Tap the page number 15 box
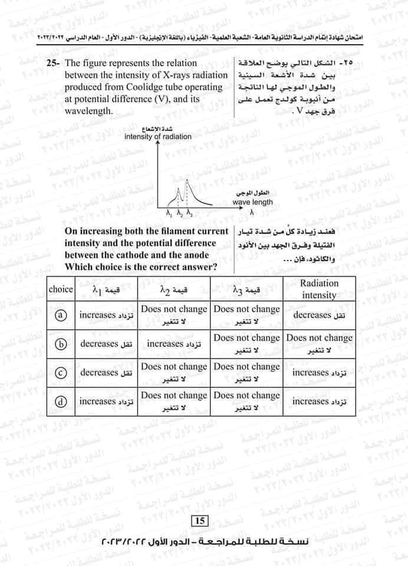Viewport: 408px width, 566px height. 198,521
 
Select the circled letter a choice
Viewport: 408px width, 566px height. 60,315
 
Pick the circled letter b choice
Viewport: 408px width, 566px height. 60,344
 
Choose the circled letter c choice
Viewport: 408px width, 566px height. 60,373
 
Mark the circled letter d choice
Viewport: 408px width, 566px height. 60,402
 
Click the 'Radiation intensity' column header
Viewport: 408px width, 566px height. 319,289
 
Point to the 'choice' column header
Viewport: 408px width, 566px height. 60,289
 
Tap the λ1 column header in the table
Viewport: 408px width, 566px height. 106,289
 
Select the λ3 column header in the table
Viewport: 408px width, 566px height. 247,289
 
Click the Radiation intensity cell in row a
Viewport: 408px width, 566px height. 319,315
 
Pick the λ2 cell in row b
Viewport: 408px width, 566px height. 174,344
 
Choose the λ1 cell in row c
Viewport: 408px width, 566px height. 106,373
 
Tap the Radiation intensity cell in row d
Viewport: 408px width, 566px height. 319,402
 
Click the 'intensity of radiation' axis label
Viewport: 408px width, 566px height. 158,137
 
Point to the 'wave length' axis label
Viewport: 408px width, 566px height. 253,202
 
